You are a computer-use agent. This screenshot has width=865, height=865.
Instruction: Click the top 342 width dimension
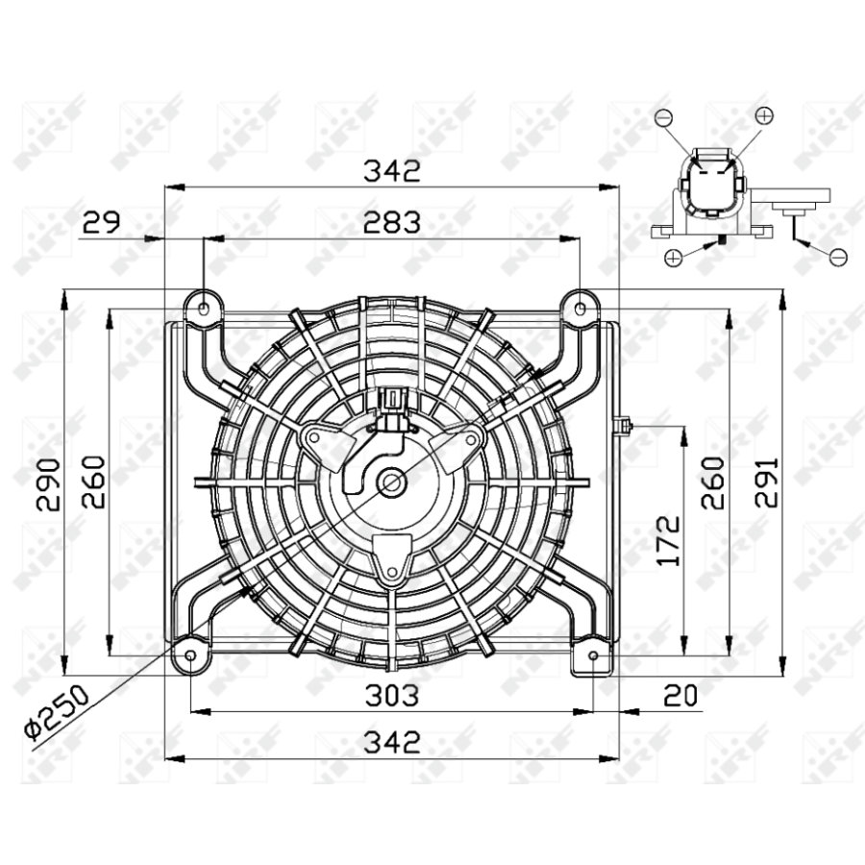pyautogui.click(x=391, y=171)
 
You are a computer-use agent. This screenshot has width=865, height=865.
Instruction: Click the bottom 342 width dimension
pyautogui.click(x=391, y=742)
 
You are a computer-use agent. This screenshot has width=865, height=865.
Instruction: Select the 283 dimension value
pyautogui.click(x=391, y=222)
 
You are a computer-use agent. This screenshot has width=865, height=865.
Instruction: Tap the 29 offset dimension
pyautogui.click(x=100, y=222)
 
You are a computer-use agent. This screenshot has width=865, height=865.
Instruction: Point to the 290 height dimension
pyautogui.click(x=48, y=483)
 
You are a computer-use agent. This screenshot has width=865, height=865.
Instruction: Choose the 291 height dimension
pyautogui.click(x=766, y=483)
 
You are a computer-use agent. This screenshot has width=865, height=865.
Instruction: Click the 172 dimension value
pyautogui.click(x=669, y=539)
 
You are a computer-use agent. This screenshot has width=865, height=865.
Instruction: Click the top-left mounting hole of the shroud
pyautogui.click(x=203, y=309)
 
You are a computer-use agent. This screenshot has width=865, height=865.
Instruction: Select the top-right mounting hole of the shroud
pyautogui.click(x=581, y=308)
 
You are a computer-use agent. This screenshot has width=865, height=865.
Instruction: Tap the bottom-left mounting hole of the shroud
pyautogui.click(x=190, y=655)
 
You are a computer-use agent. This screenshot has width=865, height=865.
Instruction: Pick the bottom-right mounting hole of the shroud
pyautogui.click(x=593, y=656)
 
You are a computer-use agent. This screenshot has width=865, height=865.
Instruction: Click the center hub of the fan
pyautogui.click(x=391, y=482)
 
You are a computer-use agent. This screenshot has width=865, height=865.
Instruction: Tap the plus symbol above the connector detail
pyautogui.click(x=764, y=115)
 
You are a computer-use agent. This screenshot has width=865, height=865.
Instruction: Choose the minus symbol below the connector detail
pyautogui.click(x=837, y=257)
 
